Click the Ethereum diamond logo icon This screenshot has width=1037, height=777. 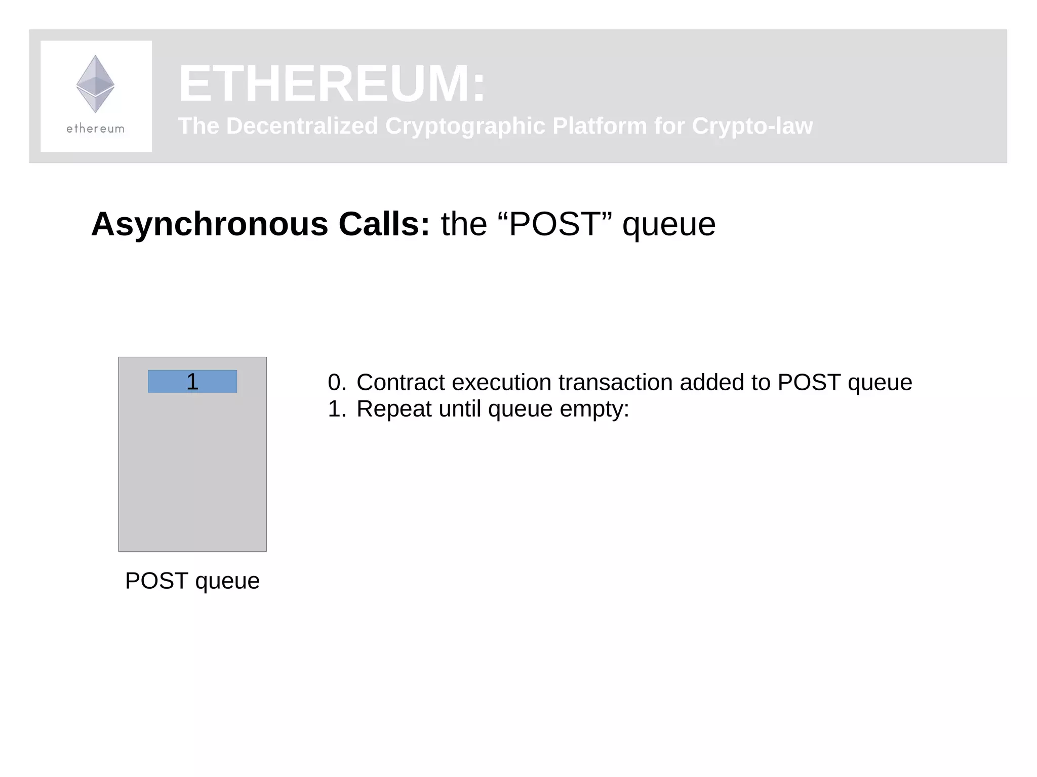click(95, 84)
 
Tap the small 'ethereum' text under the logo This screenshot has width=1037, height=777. click(95, 129)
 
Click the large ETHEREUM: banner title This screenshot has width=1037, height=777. click(332, 84)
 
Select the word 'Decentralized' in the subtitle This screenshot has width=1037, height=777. click(302, 126)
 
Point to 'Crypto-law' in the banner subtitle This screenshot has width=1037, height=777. click(752, 126)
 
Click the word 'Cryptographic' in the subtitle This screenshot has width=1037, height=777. click(464, 126)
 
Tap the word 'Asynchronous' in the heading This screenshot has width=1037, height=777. click(210, 224)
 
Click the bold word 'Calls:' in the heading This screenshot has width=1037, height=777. click(384, 224)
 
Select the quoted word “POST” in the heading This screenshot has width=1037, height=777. click(555, 224)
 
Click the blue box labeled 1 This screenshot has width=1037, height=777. click(192, 381)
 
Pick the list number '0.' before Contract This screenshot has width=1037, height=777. click(337, 382)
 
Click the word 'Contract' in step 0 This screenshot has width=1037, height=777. click(401, 382)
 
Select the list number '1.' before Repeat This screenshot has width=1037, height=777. click(337, 408)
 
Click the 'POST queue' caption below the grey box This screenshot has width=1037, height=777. click(192, 581)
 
